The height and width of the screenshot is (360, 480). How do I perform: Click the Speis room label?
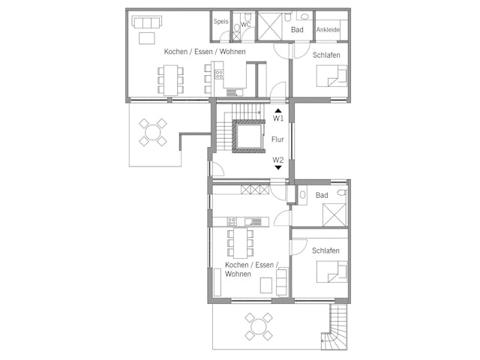pyautogui.click(x=220, y=22)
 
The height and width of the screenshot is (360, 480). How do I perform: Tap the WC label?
pyautogui.click(x=245, y=24)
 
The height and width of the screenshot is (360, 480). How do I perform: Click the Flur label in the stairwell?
pyautogui.click(x=277, y=139)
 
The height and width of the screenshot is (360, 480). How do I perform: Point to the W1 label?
pyautogui.click(x=277, y=118)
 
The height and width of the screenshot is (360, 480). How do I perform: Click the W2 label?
pyautogui.click(x=277, y=160)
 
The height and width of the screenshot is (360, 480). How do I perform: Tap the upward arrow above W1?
pyautogui.click(x=277, y=109)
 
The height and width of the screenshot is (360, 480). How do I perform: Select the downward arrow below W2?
pyautogui.click(x=277, y=168)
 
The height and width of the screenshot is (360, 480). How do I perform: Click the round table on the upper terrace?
pyautogui.click(x=153, y=133)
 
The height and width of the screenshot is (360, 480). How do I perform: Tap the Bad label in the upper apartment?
pyautogui.click(x=297, y=30)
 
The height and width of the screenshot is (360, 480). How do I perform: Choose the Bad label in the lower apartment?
pyautogui.click(x=322, y=196)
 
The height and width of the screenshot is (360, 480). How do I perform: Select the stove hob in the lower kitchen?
pyautogui.click(x=232, y=221)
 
